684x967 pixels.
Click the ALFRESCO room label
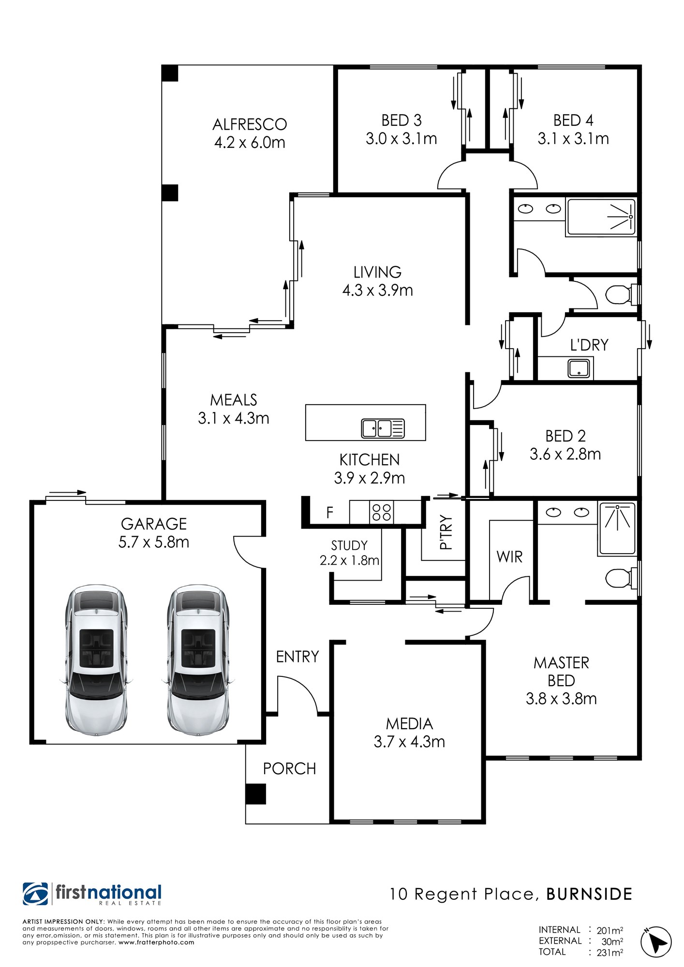(250, 124)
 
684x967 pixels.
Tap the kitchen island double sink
(383, 428)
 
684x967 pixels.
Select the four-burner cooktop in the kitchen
(381, 513)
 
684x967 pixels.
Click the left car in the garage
(96, 660)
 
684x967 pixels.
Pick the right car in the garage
(198, 660)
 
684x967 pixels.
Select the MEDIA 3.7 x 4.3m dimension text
(409, 742)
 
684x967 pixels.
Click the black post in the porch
(255, 794)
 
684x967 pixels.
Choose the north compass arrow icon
(656, 942)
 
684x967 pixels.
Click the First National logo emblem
(35, 894)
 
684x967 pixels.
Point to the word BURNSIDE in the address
(589, 894)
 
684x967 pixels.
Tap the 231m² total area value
(610, 952)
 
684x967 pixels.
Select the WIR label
(509, 557)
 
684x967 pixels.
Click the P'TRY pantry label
(446, 532)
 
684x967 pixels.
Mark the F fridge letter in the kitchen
(330, 513)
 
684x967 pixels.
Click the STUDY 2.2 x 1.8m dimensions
(349, 560)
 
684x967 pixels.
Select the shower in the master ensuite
(617, 528)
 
